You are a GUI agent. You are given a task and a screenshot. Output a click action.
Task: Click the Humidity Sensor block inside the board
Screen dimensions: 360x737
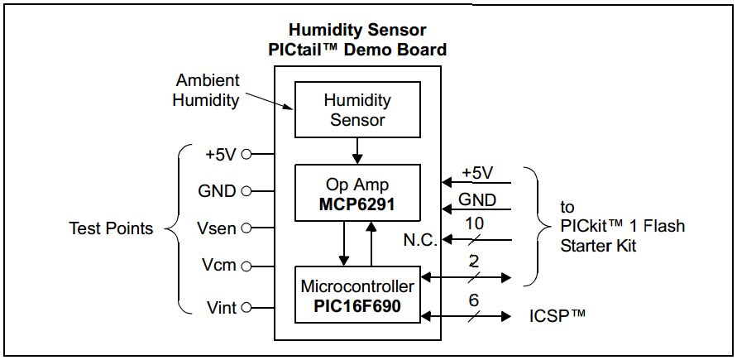tap(357, 110)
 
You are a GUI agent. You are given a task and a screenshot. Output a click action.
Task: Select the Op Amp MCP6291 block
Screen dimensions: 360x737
tap(357, 193)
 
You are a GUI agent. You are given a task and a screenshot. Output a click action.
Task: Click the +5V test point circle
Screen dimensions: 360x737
tap(246, 154)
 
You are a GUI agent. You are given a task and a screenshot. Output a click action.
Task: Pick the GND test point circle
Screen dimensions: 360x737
tap(245, 191)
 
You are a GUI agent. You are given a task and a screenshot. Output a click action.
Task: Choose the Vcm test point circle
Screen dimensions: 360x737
tap(246, 266)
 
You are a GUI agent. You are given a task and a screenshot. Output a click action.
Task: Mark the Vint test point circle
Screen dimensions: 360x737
tap(246, 308)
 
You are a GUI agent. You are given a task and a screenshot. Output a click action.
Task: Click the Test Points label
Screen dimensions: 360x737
tap(111, 228)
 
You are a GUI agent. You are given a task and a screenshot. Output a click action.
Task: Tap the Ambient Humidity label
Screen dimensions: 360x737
tap(208, 90)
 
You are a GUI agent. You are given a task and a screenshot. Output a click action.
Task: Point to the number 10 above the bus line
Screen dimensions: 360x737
tap(475, 222)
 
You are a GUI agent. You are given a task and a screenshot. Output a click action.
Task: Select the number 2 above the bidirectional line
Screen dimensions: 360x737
tap(474, 262)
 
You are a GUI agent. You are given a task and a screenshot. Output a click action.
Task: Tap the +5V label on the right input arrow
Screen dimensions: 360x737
tap(476, 173)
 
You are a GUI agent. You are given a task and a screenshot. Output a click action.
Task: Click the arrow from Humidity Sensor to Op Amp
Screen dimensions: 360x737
tap(357, 150)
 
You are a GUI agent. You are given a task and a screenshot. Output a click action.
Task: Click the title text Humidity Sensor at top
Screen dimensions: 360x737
tap(357, 31)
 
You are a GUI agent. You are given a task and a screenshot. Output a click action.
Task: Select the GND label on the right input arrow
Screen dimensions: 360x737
tap(477, 199)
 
